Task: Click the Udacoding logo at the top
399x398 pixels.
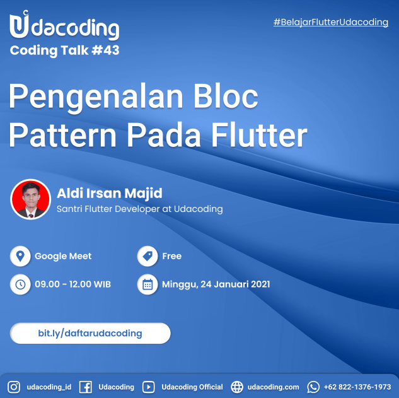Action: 64,26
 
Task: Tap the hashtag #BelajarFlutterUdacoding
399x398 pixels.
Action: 330,22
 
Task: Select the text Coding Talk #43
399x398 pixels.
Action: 64,51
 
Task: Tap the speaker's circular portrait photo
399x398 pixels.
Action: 30,199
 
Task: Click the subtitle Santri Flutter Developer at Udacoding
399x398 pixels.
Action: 139,209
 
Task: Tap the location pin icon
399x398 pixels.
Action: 20,256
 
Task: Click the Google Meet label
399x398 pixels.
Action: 63,256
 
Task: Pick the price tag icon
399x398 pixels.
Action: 147,256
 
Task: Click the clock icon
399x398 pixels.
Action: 20,284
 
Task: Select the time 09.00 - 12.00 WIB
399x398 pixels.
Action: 72,284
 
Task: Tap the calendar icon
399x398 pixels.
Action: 147,284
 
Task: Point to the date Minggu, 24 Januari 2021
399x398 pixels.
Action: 216,284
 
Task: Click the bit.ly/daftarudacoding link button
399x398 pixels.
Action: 90,333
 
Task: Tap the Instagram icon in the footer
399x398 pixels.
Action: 14,387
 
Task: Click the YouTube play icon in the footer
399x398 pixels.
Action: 148,387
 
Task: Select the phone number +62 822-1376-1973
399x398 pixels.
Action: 357,387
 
